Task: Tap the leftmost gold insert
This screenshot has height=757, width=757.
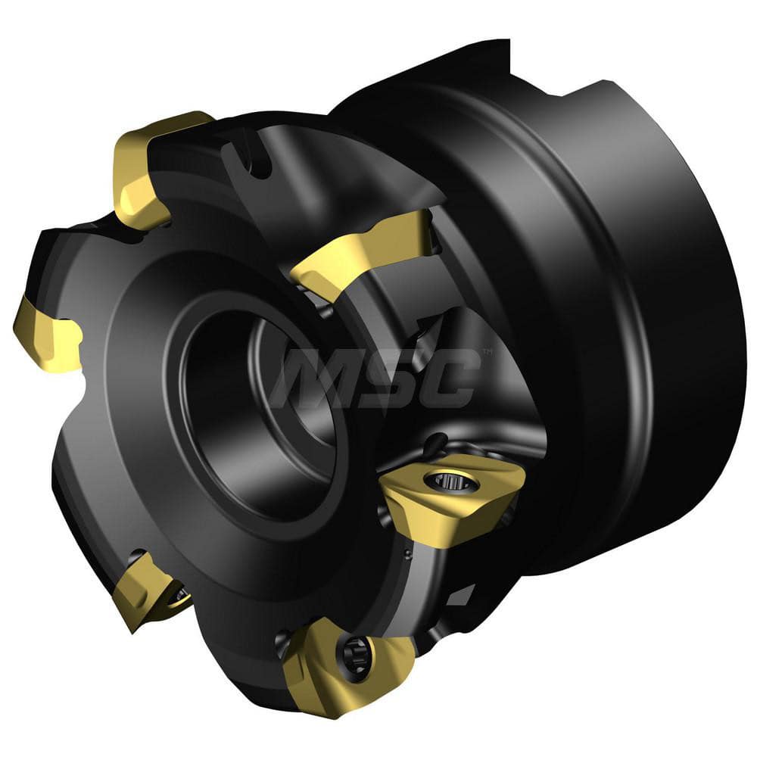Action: point(47,333)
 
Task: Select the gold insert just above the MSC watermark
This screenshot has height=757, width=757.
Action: point(363,250)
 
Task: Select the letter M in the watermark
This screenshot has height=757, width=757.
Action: point(310,378)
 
